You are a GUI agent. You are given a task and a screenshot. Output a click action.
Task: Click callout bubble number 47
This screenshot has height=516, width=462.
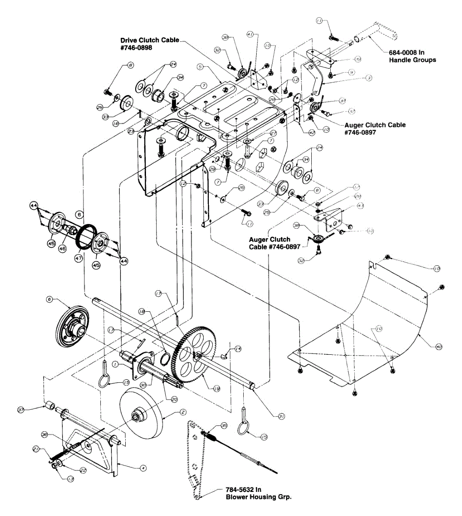78,259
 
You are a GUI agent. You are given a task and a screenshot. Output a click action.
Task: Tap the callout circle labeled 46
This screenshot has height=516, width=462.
62,249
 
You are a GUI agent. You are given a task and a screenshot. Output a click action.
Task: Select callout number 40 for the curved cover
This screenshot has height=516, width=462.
439,346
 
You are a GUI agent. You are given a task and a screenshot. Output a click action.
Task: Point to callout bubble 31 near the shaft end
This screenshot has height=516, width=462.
281,416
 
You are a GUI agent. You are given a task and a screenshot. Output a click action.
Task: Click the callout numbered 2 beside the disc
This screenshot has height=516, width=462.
183,412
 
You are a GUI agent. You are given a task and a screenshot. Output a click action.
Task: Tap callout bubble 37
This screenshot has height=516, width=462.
20,410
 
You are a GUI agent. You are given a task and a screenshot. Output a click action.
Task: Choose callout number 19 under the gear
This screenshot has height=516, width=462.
217,388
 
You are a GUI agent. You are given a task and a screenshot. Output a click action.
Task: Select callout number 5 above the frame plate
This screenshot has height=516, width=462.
200,67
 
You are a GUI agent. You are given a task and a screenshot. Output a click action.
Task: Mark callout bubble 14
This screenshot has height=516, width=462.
238,349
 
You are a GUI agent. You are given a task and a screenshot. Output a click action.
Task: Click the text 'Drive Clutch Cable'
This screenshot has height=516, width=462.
149,40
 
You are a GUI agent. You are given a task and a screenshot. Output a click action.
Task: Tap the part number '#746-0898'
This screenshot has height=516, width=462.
136,48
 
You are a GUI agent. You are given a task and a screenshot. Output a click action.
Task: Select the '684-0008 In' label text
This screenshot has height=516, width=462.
407,52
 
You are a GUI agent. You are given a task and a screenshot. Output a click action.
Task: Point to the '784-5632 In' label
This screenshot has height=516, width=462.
243,490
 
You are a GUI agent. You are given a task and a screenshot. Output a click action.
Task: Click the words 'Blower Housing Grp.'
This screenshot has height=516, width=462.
259,497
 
